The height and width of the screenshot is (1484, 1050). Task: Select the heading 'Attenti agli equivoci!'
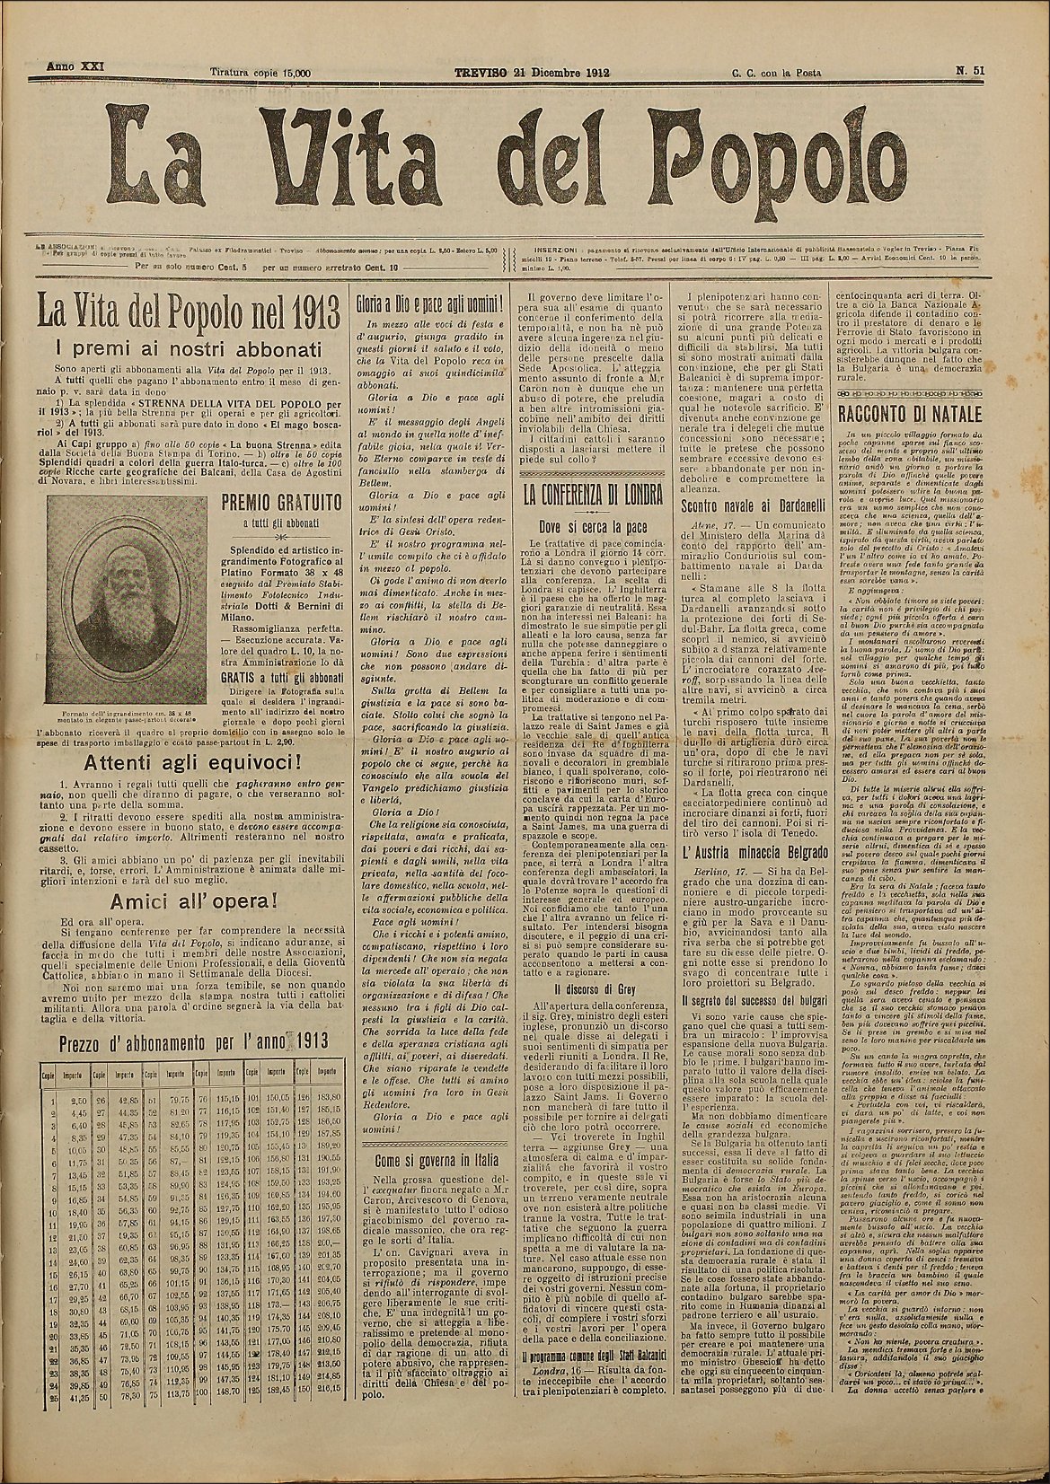191,765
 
